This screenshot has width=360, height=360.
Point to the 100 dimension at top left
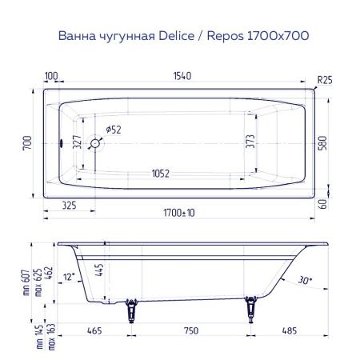(x=52, y=76)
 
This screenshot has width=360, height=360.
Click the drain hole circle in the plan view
(x=95, y=144)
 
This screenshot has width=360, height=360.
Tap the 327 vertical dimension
(x=78, y=146)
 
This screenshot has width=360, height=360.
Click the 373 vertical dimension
(x=250, y=146)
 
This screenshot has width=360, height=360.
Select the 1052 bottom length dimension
(x=165, y=174)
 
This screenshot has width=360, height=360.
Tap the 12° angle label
(x=70, y=276)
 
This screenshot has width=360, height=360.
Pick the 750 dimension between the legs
(x=190, y=330)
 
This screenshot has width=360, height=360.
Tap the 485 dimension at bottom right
(x=291, y=330)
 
